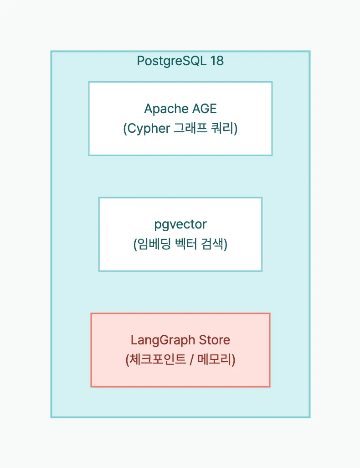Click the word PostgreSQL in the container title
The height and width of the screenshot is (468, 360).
[171, 61]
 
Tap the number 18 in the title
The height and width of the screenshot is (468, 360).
[217, 61]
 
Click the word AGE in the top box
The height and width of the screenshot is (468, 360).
[204, 109]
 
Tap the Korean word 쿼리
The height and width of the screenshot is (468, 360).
[223, 129]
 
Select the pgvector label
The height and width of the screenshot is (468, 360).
[180, 224]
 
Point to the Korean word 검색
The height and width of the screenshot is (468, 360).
[213, 245]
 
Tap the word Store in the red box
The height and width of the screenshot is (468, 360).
[215, 340]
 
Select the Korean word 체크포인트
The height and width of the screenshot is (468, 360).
[158, 360]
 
